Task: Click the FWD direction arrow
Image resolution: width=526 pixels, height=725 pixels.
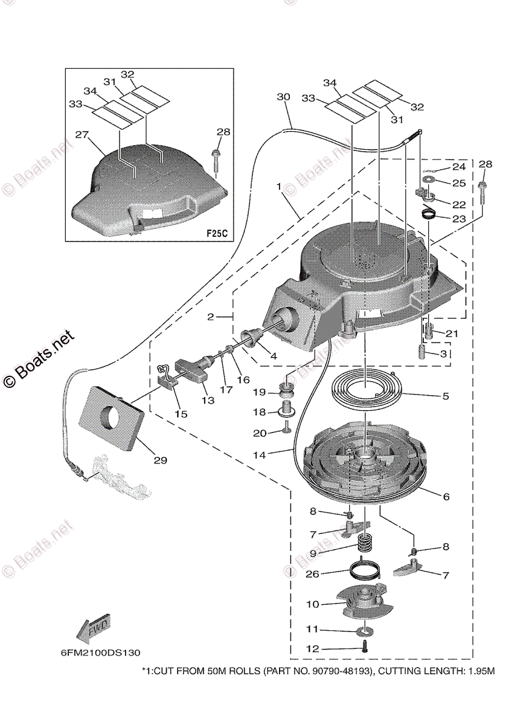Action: (92, 628)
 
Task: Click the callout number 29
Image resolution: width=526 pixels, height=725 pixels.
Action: (159, 460)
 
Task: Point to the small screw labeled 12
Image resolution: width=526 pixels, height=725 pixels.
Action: (365, 648)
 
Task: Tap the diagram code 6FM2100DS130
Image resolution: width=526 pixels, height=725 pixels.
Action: (100, 653)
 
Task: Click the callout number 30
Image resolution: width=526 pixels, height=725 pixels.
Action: (283, 97)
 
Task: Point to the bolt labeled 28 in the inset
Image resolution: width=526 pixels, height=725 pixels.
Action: (217, 158)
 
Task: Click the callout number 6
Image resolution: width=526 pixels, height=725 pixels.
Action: (446, 497)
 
